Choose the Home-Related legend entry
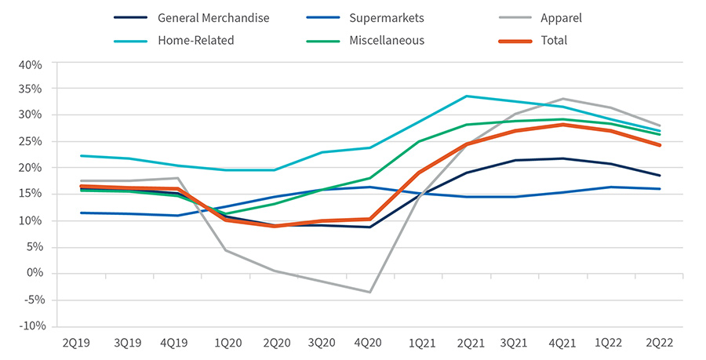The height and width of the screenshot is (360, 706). pyautogui.click(x=195, y=40)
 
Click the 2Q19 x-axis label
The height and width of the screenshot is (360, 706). pyautogui.click(x=78, y=343)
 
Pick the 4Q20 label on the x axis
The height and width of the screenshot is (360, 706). pyautogui.click(x=369, y=343)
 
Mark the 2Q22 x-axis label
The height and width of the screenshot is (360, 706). pyautogui.click(x=660, y=343)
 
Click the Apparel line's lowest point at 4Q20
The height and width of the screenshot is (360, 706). pyautogui.click(x=369, y=292)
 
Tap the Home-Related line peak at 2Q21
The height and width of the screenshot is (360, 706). pyautogui.click(x=466, y=96)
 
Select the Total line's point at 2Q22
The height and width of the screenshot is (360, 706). pyautogui.click(x=660, y=145)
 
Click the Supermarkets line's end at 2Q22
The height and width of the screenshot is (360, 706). pyautogui.click(x=660, y=189)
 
